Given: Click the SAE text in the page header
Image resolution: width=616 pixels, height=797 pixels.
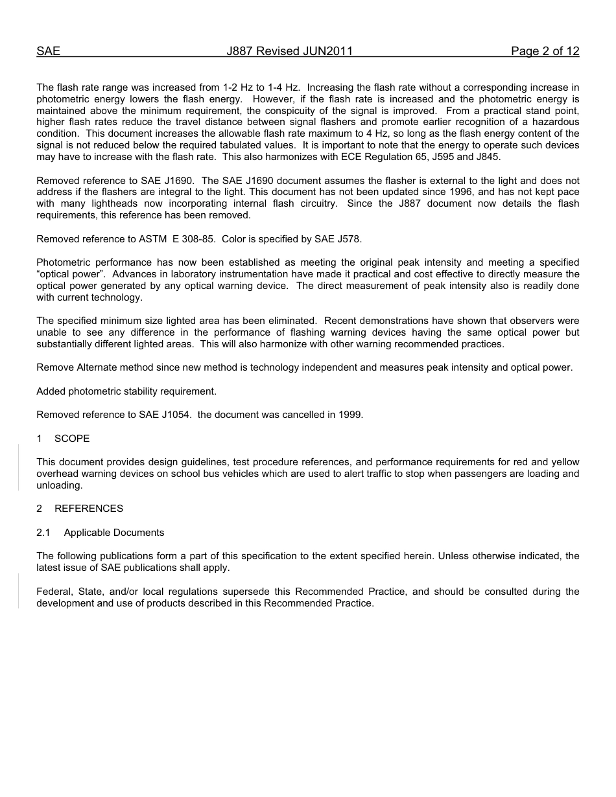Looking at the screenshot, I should [48, 51].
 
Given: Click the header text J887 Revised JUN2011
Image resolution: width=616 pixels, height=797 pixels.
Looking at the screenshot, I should [289, 51].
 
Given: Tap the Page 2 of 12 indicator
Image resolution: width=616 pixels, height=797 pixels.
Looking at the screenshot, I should [545, 51].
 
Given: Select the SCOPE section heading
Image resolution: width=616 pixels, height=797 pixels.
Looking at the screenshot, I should [72, 439].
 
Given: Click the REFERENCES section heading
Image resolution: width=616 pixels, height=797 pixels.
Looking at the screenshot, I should [89, 509].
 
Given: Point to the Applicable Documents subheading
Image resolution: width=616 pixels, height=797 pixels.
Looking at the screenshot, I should [114, 533].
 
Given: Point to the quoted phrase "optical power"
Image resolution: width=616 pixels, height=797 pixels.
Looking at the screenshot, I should [71, 274].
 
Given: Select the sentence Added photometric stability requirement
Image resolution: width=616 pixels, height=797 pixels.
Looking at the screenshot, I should [126, 391].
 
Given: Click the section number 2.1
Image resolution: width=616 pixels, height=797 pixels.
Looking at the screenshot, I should [43, 533].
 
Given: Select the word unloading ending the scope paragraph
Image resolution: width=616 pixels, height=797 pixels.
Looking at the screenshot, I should [59, 485].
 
